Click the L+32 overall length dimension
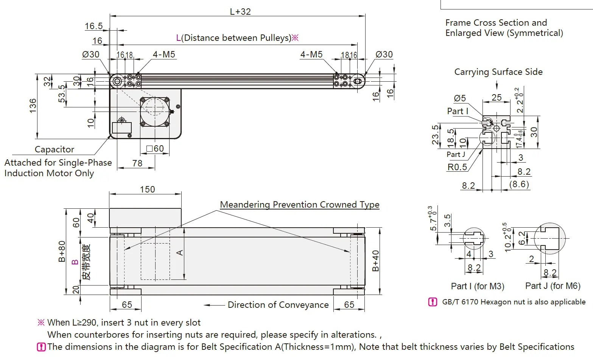coord(240,12)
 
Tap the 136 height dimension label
coord(33,106)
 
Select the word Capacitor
coord(54,149)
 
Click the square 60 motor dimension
coord(155,149)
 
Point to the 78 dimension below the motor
coord(137,163)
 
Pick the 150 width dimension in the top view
coord(147,189)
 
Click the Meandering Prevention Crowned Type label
coord(299,205)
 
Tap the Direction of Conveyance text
coord(278,305)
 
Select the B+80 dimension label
coord(62,251)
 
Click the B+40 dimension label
coord(375,261)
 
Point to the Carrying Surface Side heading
coord(498,72)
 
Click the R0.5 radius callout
coord(457,167)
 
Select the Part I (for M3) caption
coord(478,286)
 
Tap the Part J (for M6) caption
coord(553,286)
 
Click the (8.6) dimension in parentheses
coord(519,184)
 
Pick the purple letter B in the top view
coord(75,262)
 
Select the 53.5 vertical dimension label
coord(62,94)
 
